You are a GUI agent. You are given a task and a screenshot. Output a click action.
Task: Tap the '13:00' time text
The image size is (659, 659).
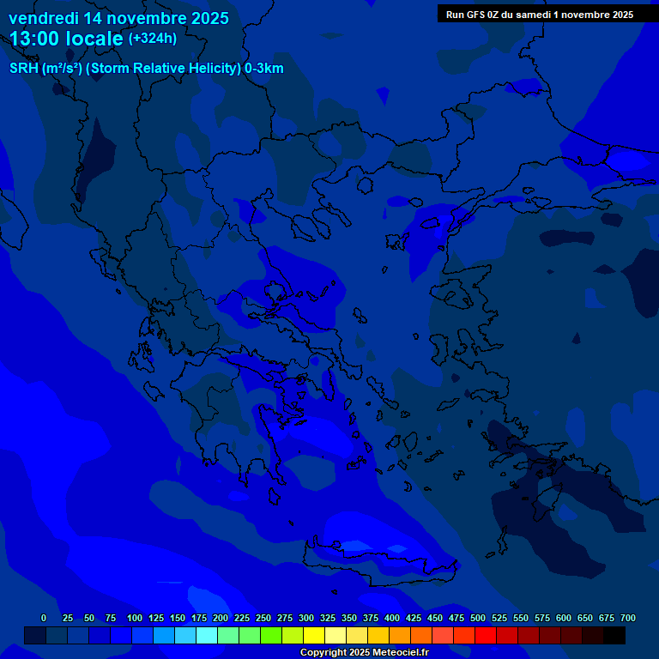(35, 39)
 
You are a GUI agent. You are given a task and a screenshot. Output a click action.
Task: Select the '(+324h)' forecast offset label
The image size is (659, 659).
(153, 39)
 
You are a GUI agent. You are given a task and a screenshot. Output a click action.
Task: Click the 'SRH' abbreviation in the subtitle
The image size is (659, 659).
(24, 69)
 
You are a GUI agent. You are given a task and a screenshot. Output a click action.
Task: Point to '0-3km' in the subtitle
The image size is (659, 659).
(264, 69)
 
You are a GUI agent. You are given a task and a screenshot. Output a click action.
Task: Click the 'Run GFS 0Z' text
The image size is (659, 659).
(475, 15)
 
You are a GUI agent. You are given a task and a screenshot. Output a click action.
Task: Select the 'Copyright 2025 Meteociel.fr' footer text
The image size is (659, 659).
(364, 652)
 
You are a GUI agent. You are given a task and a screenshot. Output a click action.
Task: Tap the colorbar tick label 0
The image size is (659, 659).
(44, 618)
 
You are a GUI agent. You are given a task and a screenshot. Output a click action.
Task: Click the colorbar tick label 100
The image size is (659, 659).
(135, 618)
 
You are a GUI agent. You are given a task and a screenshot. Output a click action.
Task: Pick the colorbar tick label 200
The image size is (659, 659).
(221, 618)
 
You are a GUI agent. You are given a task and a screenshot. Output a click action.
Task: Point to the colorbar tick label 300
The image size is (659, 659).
(306, 618)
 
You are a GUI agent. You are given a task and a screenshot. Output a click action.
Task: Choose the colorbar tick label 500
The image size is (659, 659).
(478, 618)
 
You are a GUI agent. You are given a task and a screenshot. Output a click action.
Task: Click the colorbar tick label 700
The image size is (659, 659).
(628, 618)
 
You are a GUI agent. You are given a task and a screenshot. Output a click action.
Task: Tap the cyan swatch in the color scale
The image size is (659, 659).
(207, 635)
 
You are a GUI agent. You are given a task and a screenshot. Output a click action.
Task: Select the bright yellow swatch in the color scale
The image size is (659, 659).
(314, 635)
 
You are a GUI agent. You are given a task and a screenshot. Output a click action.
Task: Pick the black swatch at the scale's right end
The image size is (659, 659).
(614, 635)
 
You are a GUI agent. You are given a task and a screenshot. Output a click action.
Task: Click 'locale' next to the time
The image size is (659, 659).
(95, 39)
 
